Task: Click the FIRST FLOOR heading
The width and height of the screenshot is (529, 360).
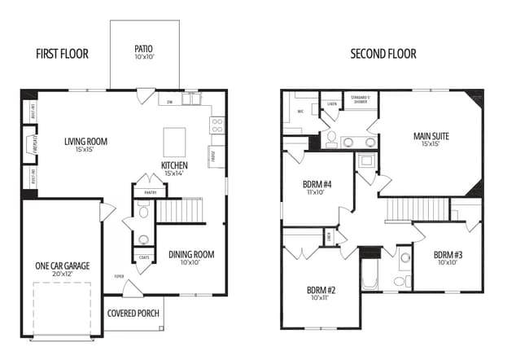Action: (x=62, y=55)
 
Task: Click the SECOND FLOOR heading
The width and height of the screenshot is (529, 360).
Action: (x=383, y=55)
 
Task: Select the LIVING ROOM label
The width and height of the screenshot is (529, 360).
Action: (x=85, y=145)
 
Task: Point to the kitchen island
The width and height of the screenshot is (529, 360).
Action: (x=174, y=142)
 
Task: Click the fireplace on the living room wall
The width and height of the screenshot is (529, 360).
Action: (x=31, y=145)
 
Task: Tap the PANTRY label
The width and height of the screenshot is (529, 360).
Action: (x=150, y=192)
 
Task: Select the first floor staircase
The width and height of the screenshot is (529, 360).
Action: (x=178, y=210)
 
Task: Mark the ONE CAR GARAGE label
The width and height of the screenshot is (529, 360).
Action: (x=62, y=270)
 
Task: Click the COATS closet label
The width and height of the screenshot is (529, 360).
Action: (x=143, y=257)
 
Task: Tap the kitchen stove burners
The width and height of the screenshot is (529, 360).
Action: (x=217, y=125)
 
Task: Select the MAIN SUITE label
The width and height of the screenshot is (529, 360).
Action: (x=431, y=139)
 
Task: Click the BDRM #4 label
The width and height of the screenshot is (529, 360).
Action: (x=316, y=188)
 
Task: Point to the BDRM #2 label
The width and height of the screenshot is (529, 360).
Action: (x=321, y=293)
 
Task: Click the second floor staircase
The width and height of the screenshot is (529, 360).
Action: (x=406, y=209)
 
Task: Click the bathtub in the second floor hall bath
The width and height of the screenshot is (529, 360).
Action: (x=369, y=272)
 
